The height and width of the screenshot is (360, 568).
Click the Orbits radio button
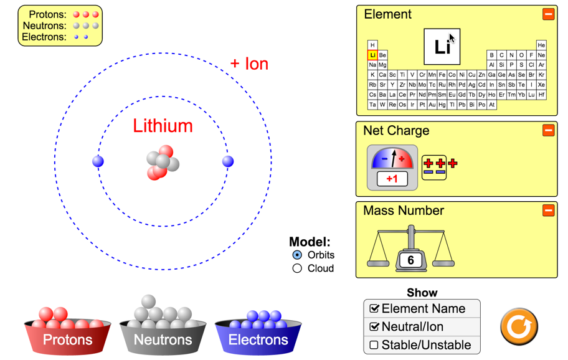click(x=297, y=255)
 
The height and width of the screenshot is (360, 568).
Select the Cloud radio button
click(x=297, y=268)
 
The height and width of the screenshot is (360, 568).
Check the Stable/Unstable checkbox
click(x=374, y=345)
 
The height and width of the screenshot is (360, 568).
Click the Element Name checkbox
click(x=374, y=308)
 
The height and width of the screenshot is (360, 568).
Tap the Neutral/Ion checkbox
click(x=374, y=327)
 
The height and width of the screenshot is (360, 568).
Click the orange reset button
click(x=519, y=327)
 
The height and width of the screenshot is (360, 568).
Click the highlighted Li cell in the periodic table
click(x=372, y=55)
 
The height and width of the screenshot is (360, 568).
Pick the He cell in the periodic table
click(x=541, y=45)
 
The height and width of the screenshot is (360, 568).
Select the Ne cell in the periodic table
click(x=541, y=55)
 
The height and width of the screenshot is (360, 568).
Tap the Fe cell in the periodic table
click(x=442, y=75)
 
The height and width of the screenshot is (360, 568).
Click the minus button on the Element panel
click(x=549, y=14)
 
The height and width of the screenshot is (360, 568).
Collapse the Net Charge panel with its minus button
click(x=549, y=130)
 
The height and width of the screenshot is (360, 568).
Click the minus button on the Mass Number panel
click(x=549, y=211)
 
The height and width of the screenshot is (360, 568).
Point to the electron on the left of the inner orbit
click(x=98, y=161)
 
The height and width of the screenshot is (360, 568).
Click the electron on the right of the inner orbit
click(x=228, y=161)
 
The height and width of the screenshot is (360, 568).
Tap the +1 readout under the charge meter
click(x=392, y=179)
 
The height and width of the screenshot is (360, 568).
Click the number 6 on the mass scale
click(x=410, y=260)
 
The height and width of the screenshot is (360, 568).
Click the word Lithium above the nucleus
click(x=163, y=126)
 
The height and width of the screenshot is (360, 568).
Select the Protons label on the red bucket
click(x=68, y=339)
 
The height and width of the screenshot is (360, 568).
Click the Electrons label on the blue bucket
click(x=258, y=339)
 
